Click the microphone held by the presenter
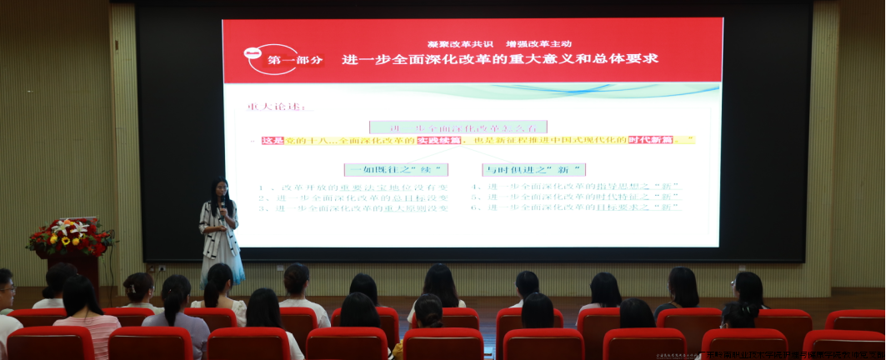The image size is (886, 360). tap(223, 204)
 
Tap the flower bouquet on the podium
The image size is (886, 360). tap(71, 237)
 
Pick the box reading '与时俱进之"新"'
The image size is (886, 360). tap(533, 169)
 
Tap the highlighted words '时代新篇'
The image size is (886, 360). tap(651, 141)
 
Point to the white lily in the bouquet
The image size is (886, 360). tap(64, 226)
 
